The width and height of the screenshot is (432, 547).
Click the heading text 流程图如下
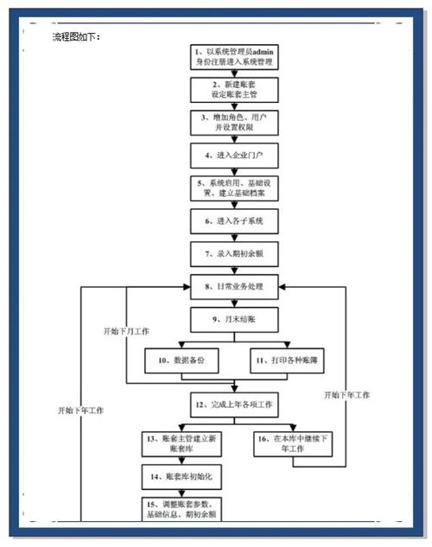pos(77,37)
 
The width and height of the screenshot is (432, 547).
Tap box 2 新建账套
pos(234,90)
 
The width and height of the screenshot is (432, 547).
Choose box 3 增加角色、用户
pos(234,122)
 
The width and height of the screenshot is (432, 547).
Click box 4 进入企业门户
pos(234,156)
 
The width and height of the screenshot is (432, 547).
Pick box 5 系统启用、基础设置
pos(234,188)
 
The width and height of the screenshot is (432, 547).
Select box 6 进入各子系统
pos(234,222)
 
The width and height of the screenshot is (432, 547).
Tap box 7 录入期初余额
pos(234,254)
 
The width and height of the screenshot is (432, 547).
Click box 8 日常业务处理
pos(234,286)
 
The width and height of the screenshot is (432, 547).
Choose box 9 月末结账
pos(234,319)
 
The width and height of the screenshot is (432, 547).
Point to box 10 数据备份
pos(182,359)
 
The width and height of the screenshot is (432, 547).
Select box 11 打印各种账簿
pos(286,359)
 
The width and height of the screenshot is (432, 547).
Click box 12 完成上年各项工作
pos(234,404)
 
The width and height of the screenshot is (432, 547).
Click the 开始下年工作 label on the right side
pos(346,395)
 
